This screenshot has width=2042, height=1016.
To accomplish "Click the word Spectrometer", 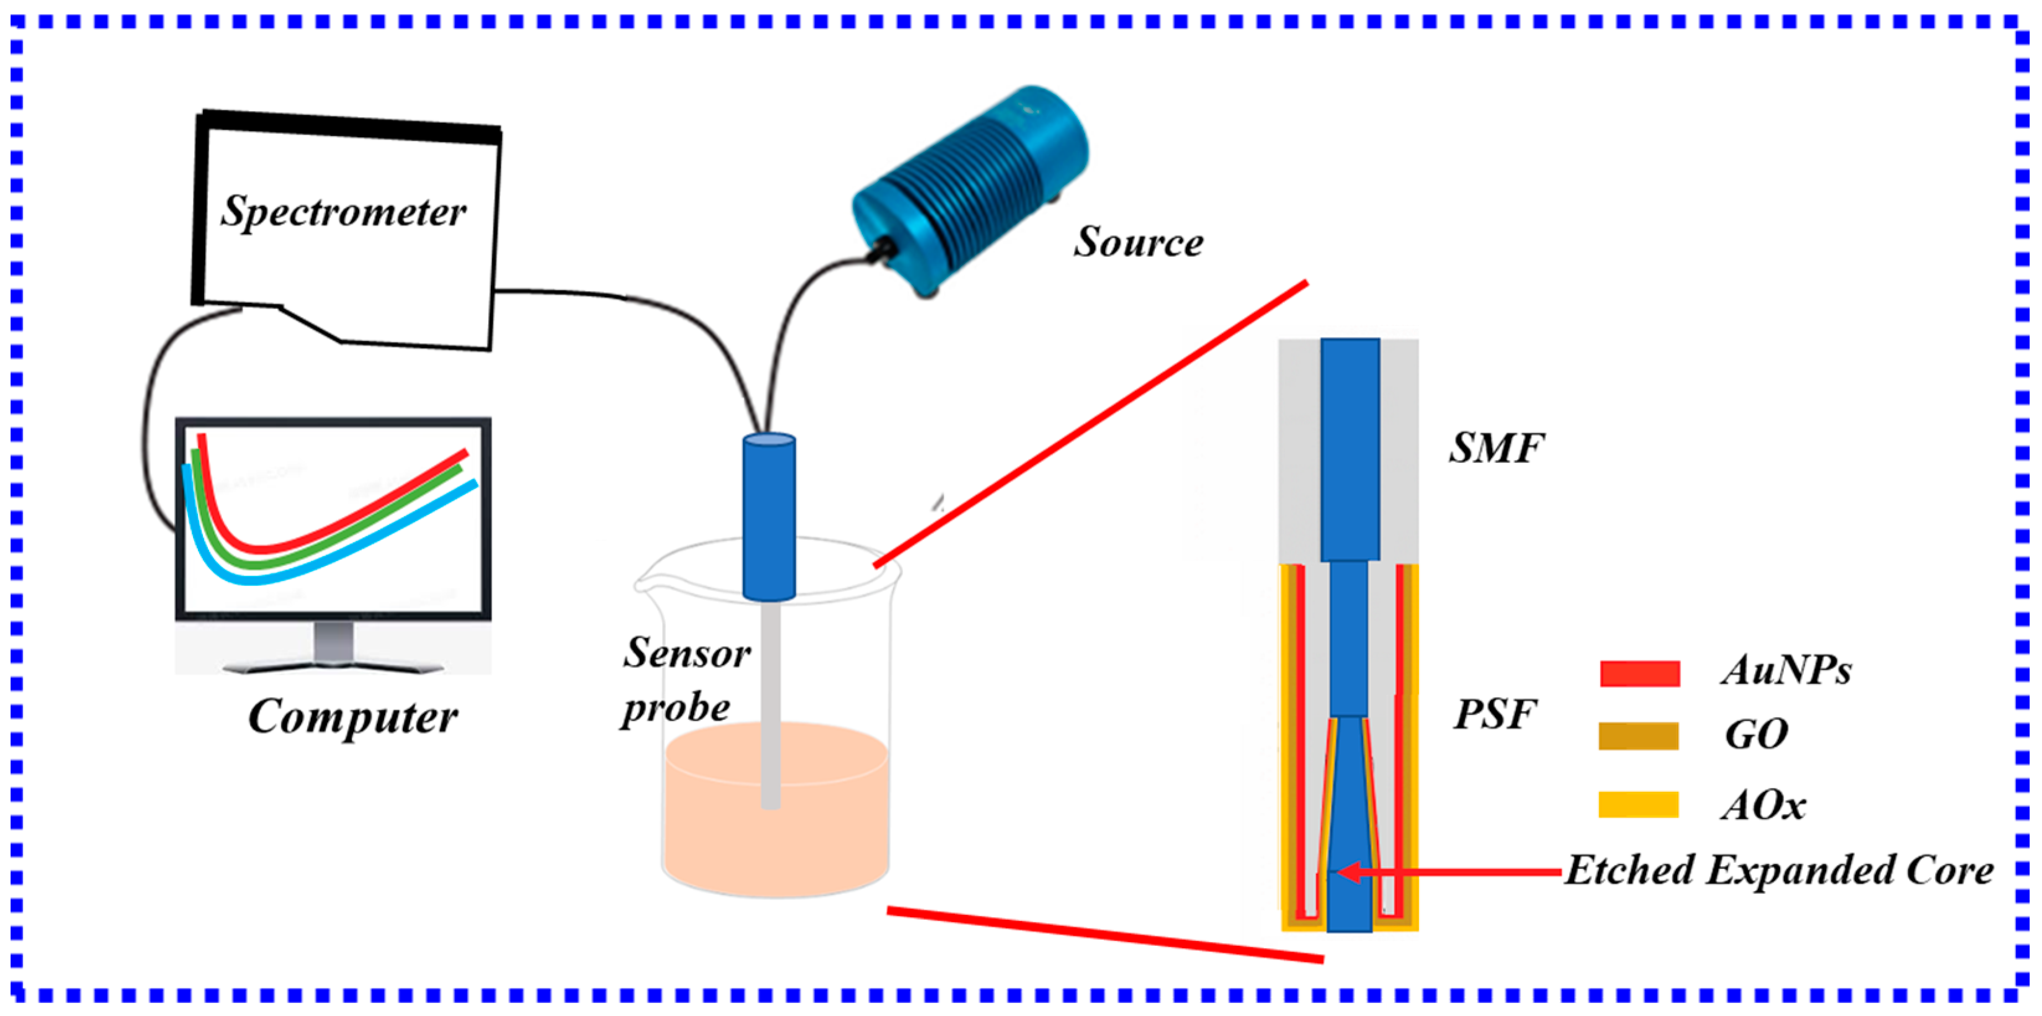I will tap(343, 212).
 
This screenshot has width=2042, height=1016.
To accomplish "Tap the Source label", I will tap(1139, 242).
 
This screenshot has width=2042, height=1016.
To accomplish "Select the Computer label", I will tap(353, 717).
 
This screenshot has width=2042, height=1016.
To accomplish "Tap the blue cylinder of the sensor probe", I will tap(768, 516).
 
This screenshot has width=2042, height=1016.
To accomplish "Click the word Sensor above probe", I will tap(686, 654).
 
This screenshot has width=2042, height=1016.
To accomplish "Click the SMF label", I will tap(1496, 448).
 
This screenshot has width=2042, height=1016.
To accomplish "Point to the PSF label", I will tap(1495, 714).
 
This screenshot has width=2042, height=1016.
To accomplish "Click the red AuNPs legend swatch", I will tap(1639, 673).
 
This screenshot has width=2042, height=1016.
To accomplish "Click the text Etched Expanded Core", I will tap(1779, 870).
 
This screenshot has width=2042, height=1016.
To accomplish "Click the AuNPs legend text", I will tap(1785, 671).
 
